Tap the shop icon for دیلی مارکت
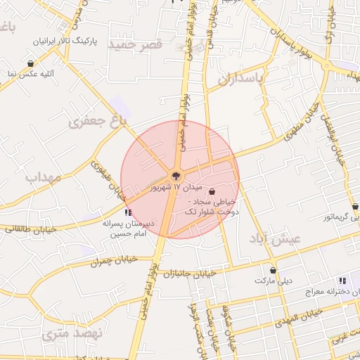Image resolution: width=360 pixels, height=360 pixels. coord(273,270)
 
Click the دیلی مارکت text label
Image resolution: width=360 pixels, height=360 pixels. coord(273,280)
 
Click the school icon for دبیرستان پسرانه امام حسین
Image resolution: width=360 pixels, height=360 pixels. coord(127,212)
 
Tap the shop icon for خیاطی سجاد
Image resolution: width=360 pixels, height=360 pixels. coord(212,191)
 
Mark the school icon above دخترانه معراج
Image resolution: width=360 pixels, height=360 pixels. coord(342,280)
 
